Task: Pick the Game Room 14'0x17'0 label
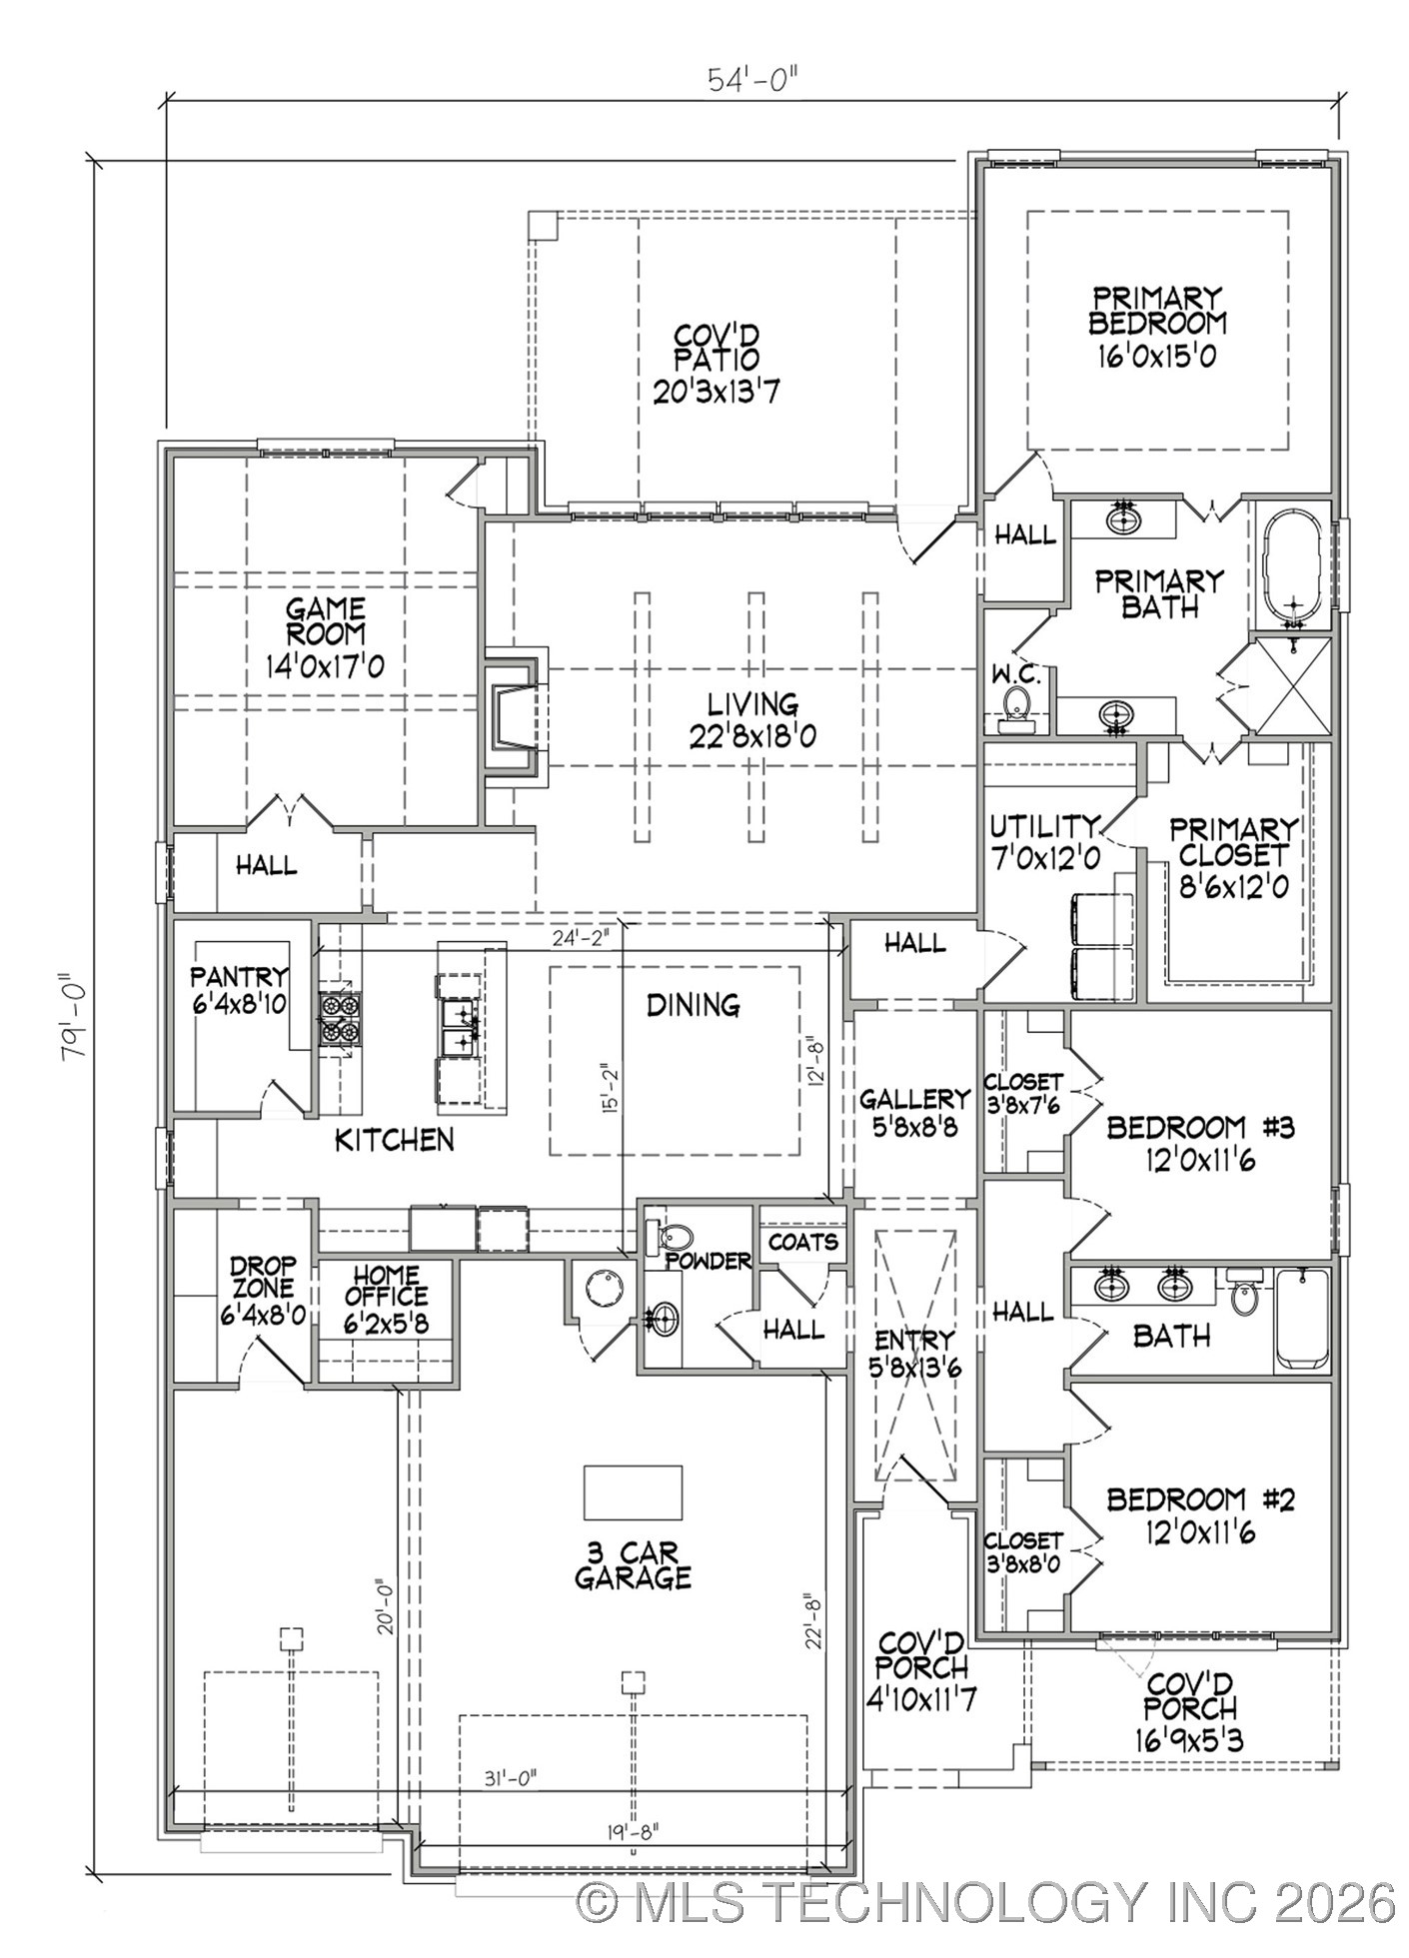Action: click(x=325, y=636)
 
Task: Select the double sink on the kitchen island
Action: click(x=461, y=1029)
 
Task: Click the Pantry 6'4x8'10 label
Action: click(x=240, y=990)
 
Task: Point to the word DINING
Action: click(x=693, y=1005)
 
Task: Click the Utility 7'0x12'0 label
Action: click(x=1044, y=841)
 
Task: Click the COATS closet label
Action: click(x=802, y=1242)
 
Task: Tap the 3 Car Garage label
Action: click(x=632, y=1564)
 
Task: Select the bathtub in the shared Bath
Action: click(x=1301, y=1319)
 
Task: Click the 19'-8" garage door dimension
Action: click(x=631, y=1830)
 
